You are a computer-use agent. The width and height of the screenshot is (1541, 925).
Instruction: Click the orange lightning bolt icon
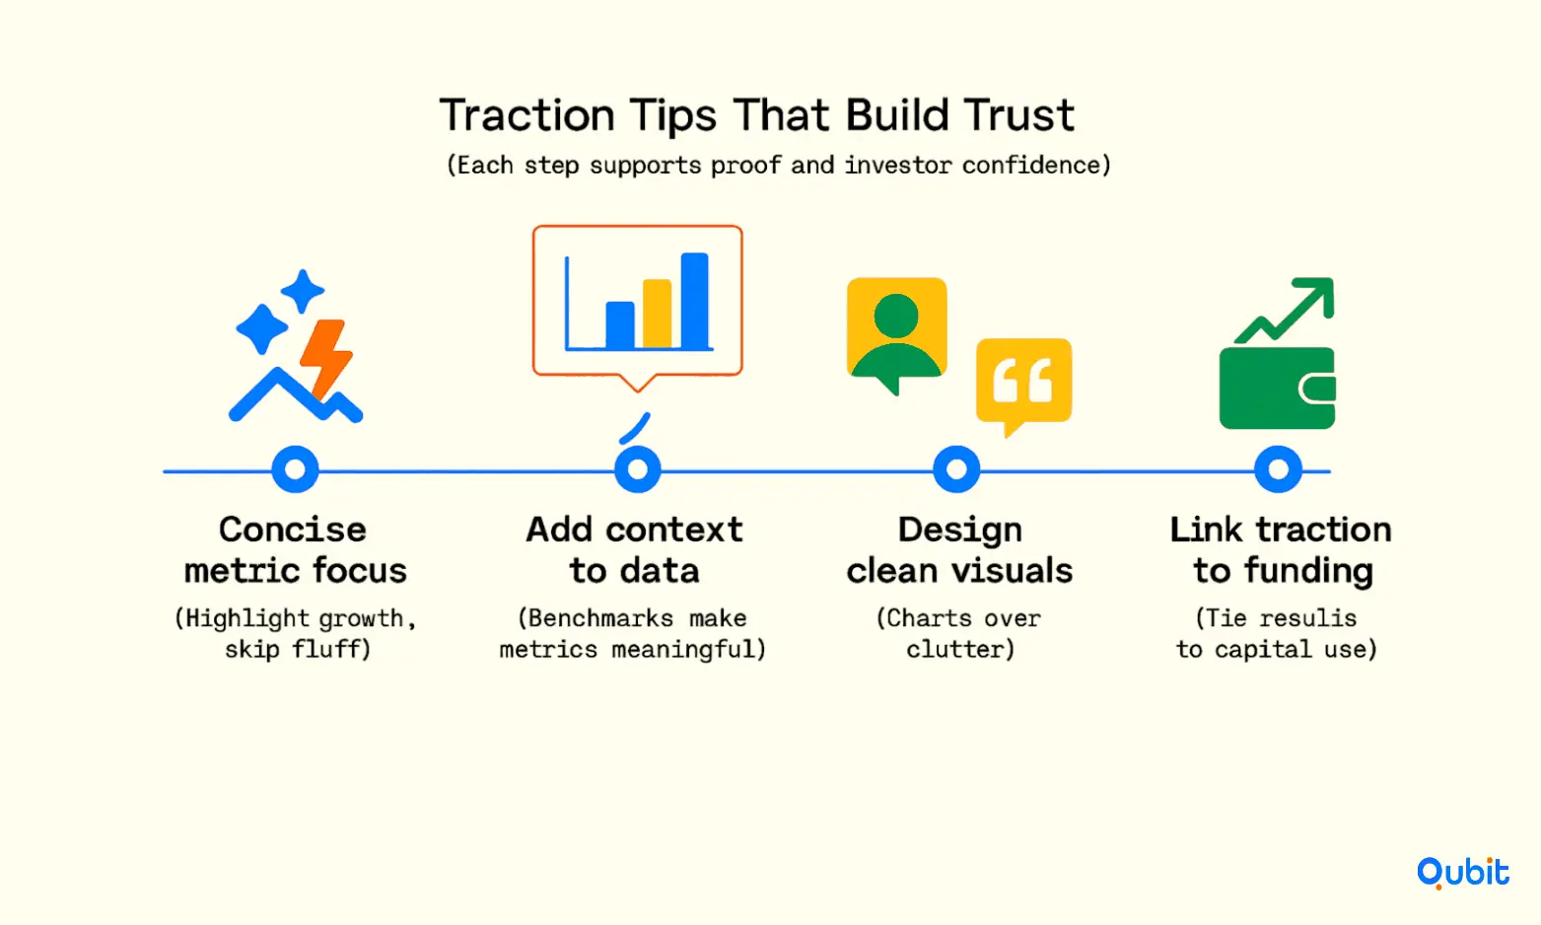pos(325,359)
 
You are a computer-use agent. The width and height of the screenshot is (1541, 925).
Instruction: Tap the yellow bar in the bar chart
pos(657,314)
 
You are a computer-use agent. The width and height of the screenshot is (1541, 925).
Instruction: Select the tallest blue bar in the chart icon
pos(695,301)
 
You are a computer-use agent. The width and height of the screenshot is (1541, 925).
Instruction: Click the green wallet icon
pos(1278,389)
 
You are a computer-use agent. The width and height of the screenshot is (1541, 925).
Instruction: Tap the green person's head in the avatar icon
pos(895,317)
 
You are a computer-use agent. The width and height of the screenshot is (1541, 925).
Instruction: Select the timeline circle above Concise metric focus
pos(295,469)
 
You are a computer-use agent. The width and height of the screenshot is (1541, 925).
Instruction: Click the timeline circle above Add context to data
pos(638,469)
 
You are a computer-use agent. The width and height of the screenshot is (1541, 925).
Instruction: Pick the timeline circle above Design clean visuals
pos(956,469)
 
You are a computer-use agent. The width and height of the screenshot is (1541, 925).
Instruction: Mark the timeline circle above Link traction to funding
pos(1278,469)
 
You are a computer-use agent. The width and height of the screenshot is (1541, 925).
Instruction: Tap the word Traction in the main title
pos(526,115)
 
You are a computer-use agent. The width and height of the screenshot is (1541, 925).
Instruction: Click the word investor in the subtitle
pos(898,166)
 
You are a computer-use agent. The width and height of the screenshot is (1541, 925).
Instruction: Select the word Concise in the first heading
pos(293,530)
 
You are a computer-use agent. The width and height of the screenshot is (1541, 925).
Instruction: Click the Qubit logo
pos(1463,873)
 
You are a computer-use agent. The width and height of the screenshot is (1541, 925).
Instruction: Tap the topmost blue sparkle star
pos(303,291)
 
